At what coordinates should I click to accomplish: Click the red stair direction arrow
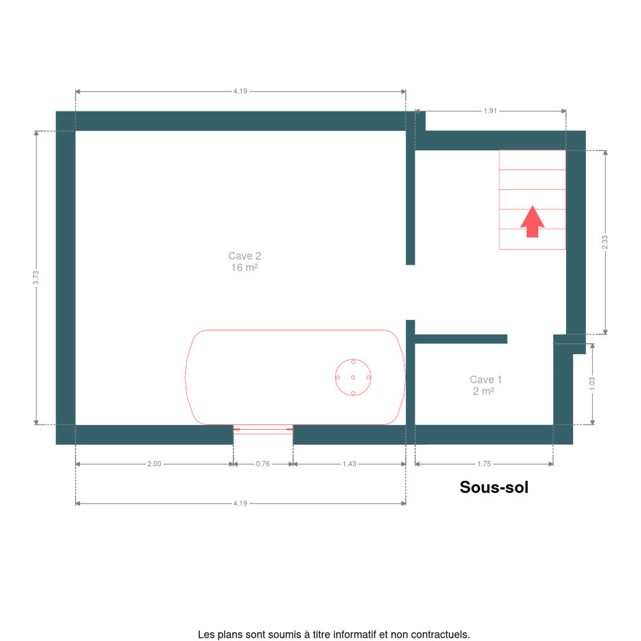pos(532,222)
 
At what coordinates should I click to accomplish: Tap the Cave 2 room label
pos(244,256)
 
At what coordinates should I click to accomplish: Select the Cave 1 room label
pos(485,379)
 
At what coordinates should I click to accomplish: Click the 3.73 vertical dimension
pos(36,277)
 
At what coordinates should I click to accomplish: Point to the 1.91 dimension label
pos(490,111)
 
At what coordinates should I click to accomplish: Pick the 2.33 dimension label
pos(605,242)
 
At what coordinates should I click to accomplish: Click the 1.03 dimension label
pos(592,384)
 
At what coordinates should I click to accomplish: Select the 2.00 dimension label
pos(154,464)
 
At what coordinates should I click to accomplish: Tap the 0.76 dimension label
pos(263,464)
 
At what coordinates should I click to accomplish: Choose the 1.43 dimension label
pos(349,464)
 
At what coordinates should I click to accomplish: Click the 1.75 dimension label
pos(484,464)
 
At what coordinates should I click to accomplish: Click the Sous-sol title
pos(494,487)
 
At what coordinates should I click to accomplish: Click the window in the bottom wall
pos(263,430)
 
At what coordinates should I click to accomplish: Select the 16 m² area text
pos(244,268)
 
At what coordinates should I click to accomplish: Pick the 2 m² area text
pos(483,391)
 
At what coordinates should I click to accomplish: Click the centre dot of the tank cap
pos(353,377)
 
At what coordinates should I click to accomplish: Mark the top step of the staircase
pos(532,160)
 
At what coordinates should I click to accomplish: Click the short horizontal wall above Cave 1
pos(461,339)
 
